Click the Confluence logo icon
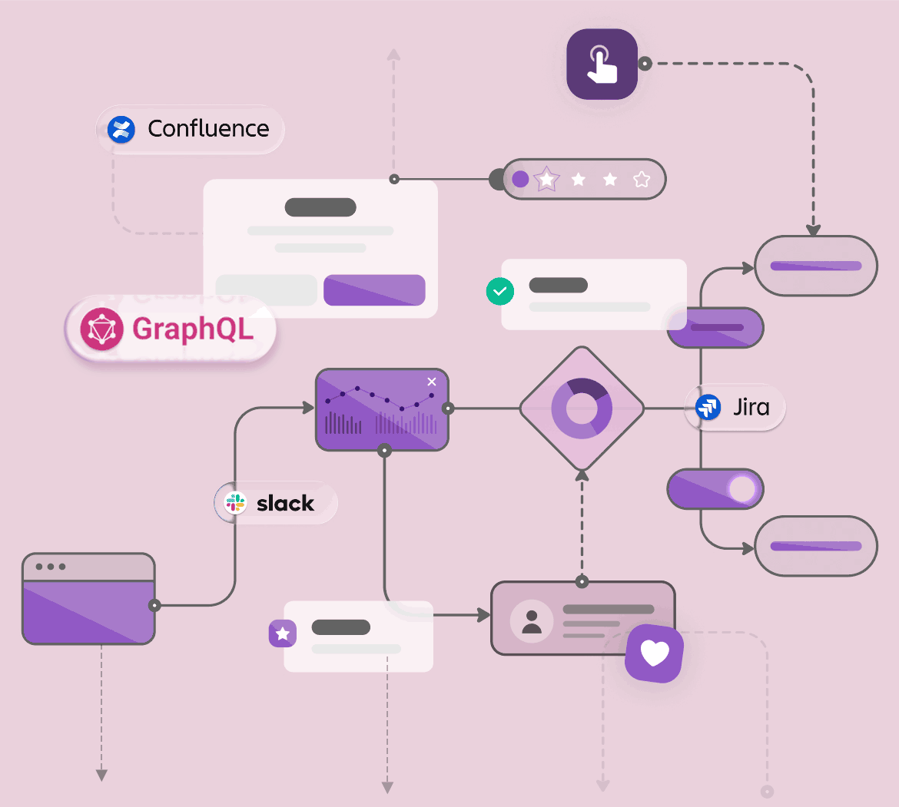coord(121,129)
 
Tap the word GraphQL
coord(192,329)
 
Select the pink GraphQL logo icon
coord(101,329)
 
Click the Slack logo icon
coord(234,503)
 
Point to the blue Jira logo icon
coord(708,406)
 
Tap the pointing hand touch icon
coord(602,64)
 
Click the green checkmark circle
coord(500,292)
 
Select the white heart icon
coord(655,653)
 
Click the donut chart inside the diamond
coord(582,408)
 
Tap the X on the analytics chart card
coord(432,382)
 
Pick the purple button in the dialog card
coord(374,290)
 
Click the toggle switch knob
coord(742,489)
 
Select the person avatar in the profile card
coord(531,621)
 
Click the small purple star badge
coord(283,633)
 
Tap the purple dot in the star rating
coord(520,180)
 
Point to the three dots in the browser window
coord(51,567)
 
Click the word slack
coord(285,504)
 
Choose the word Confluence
coord(208,129)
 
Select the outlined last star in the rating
coord(642,180)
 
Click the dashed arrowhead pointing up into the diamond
coord(582,476)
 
